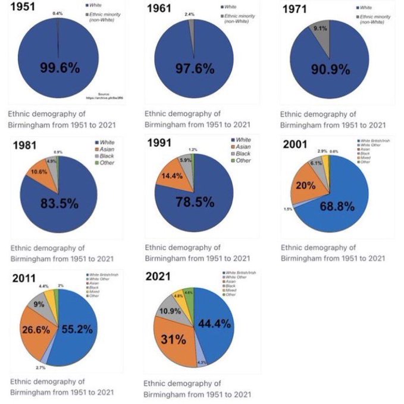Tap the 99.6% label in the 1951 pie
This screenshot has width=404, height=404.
coord(59,67)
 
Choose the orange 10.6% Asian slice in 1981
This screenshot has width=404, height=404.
coord(41,172)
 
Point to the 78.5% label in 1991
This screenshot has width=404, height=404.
coord(195,202)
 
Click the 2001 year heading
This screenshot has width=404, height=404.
coord(296,144)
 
